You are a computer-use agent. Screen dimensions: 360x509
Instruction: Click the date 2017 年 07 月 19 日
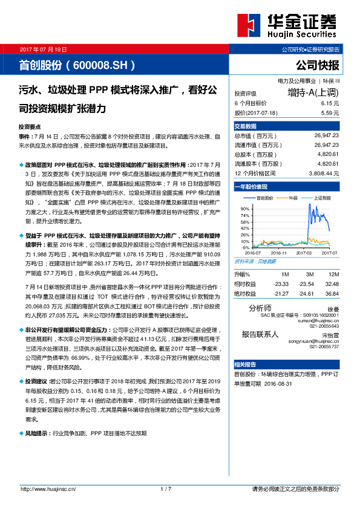pos(43,49)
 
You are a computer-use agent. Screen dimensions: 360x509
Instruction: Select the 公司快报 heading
pos(317,65)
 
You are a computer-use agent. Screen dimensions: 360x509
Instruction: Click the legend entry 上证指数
pos(325,198)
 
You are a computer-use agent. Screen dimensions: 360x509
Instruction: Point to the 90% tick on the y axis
pos(245,208)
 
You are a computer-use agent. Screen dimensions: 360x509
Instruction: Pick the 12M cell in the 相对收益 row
pos(331,284)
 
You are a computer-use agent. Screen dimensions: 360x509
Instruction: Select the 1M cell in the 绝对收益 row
pos(281,293)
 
